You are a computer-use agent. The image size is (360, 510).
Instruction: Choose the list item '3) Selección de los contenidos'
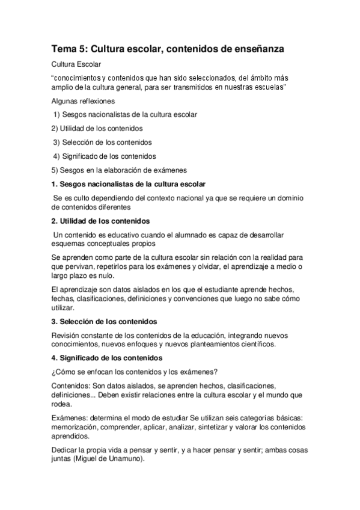click(x=102, y=142)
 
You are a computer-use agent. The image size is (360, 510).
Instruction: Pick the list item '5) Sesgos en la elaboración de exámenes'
click(x=119, y=170)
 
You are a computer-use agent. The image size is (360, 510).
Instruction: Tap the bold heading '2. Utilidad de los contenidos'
click(x=101, y=221)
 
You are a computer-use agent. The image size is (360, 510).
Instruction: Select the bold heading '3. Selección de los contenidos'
click(x=104, y=321)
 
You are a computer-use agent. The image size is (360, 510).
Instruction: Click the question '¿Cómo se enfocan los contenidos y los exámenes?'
click(x=135, y=372)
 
